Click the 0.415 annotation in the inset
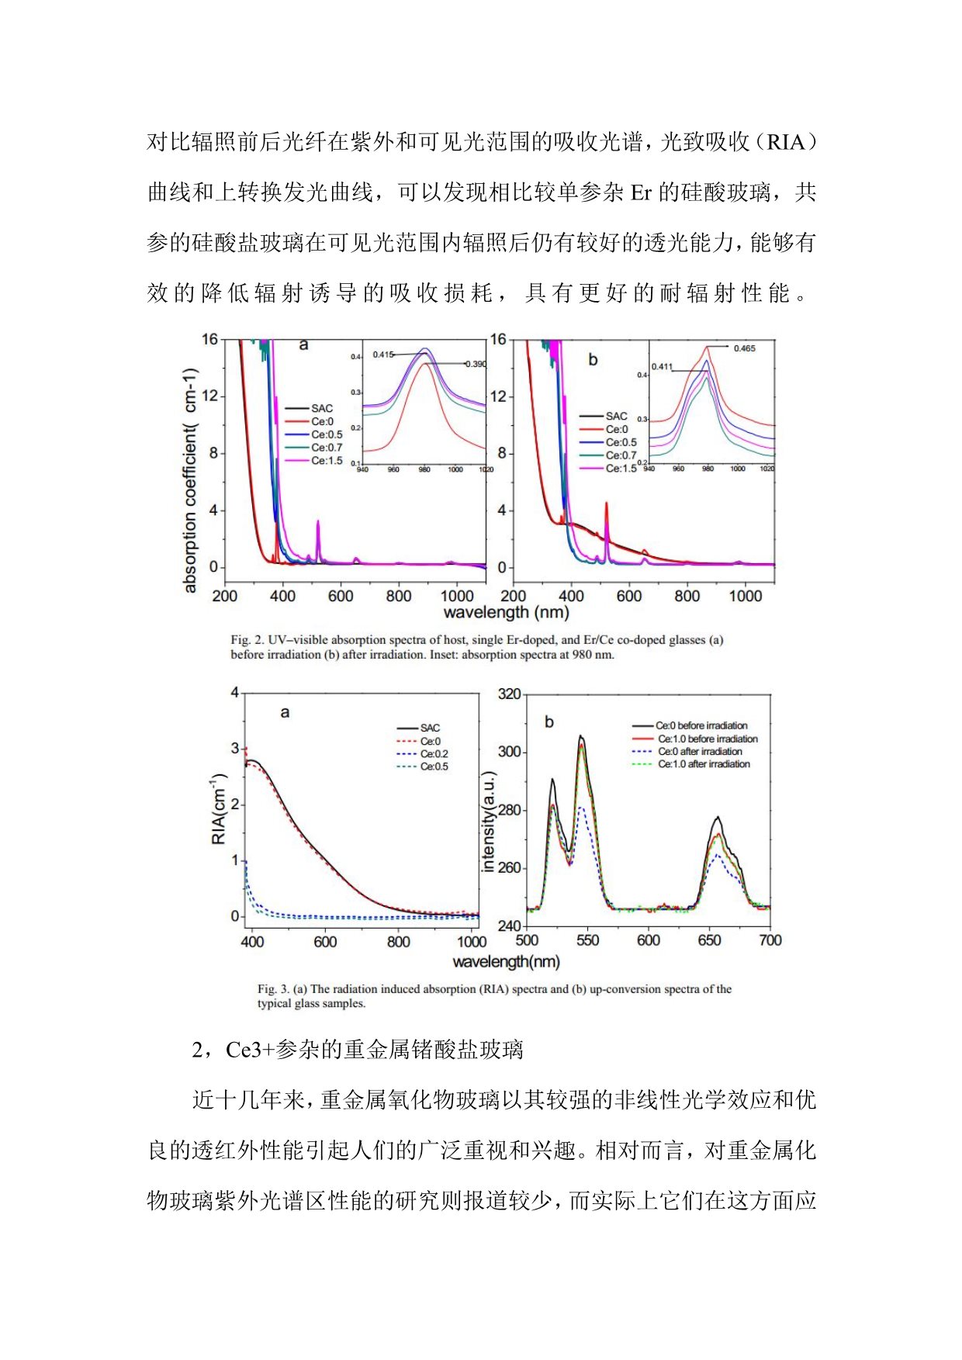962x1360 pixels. tap(383, 355)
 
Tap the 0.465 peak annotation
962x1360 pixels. tap(744, 348)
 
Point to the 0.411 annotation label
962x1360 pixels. tap(662, 367)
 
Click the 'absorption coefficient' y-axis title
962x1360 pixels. tap(191, 481)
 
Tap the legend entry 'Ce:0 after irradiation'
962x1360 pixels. tap(700, 752)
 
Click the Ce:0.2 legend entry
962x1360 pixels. tap(434, 754)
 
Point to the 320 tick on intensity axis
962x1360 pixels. tap(510, 694)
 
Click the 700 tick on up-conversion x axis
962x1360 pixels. tap(770, 940)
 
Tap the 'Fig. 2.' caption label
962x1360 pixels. tap(247, 640)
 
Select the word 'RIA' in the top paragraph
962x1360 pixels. tap(787, 143)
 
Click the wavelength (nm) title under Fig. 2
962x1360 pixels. tap(506, 613)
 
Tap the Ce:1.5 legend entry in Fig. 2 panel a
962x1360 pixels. tap(326, 461)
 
